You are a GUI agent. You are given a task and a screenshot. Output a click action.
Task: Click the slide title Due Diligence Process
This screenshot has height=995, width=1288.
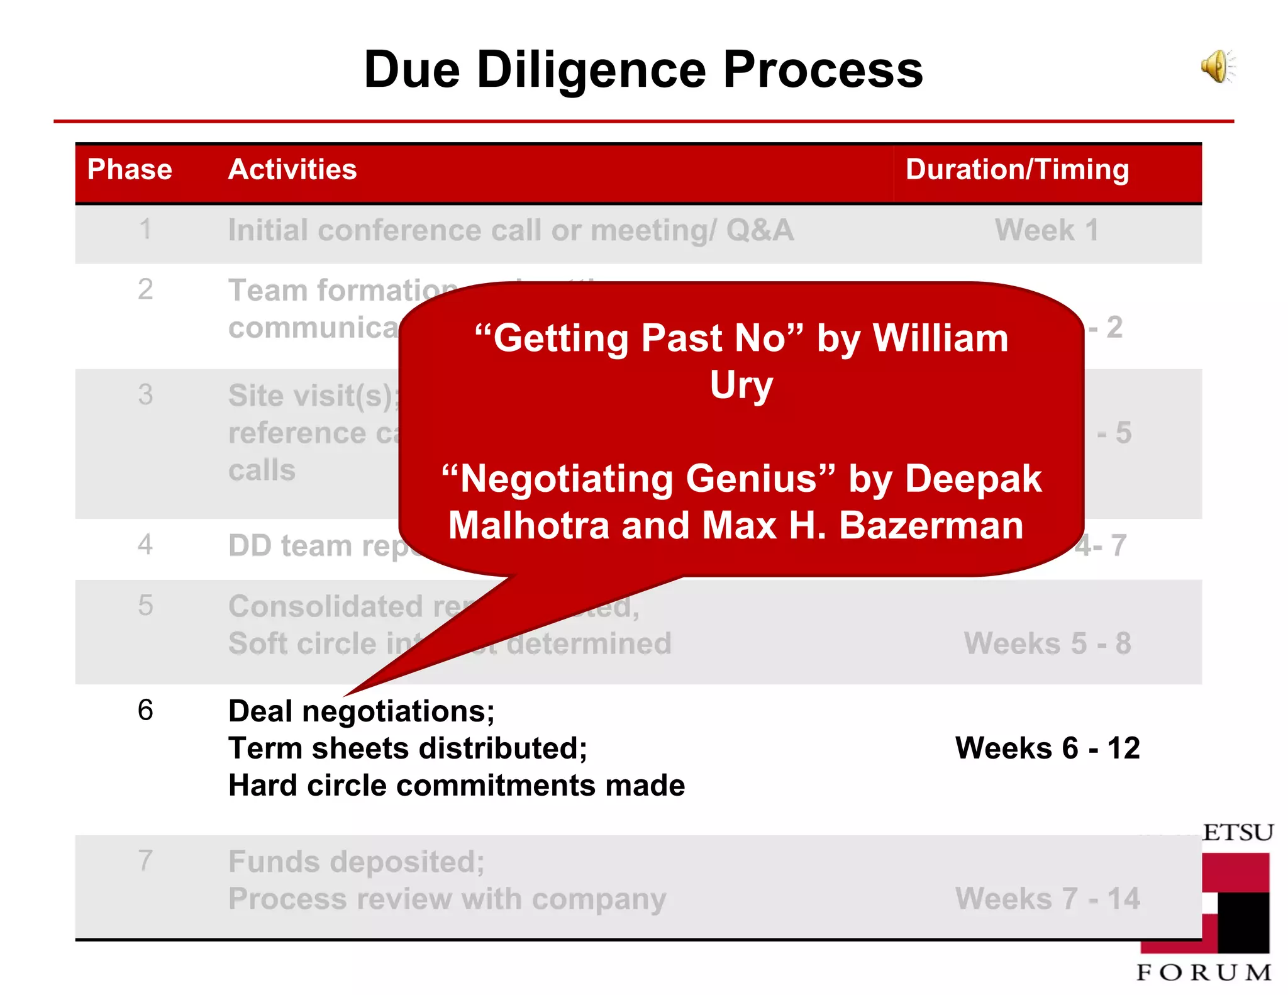643,69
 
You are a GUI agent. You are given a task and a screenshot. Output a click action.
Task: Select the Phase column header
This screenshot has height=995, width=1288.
130,169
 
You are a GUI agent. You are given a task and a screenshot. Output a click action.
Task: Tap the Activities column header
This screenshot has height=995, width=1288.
292,169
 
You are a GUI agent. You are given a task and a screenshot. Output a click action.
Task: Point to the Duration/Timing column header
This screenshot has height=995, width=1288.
1017,169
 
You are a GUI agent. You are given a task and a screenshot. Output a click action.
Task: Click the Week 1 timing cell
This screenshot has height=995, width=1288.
1046,230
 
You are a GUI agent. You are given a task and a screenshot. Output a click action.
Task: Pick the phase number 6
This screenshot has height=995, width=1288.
145,710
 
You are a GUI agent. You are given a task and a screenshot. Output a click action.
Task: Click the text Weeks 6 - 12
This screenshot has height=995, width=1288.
1047,748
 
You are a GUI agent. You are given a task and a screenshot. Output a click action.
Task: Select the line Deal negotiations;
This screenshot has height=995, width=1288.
361,711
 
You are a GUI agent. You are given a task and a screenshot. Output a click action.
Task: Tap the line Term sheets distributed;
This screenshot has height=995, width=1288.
408,748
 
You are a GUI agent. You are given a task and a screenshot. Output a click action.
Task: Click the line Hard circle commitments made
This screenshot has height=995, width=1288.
457,786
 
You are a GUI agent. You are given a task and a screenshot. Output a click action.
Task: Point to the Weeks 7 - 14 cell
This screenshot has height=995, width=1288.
1047,898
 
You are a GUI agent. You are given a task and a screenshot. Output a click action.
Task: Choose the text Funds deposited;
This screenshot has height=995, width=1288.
357,861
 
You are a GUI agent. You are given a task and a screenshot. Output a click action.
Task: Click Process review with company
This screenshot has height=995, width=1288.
447,899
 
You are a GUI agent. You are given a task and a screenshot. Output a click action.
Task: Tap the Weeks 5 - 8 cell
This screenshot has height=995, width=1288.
1047,643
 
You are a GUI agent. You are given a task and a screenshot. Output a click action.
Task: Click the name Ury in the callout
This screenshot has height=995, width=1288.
741,385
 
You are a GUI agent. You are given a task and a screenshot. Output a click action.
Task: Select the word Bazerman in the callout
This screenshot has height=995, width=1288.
931,526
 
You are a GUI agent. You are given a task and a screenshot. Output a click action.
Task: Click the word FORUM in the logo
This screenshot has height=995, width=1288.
1204,972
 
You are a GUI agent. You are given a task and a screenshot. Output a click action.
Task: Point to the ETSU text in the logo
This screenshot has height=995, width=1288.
1237,833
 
